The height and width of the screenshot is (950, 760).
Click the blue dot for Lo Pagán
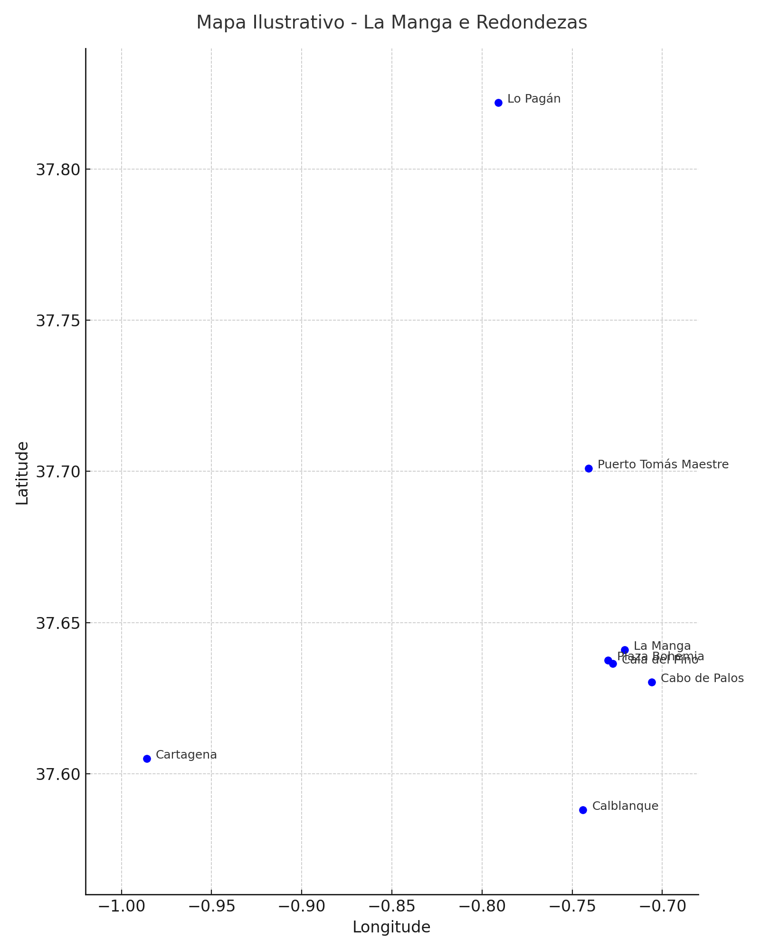pos(498,103)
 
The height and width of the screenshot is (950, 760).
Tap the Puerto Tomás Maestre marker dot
pos(589,468)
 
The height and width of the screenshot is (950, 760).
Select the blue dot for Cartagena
pos(147,759)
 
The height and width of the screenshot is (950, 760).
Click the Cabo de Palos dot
pos(652,682)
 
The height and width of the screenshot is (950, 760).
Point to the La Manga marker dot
pos(625,650)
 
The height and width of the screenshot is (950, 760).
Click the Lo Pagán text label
pos(534,99)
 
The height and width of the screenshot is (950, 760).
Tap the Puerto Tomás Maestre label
pos(663,465)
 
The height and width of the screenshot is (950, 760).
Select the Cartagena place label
pos(186,755)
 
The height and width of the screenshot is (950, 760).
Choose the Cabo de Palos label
pos(702,678)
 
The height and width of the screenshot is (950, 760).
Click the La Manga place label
pos(662,646)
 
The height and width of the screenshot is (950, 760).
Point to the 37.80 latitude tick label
pos(57,169)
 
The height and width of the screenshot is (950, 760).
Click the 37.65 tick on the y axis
pos(57,623)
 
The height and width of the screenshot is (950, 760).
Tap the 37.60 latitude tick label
pos(57,774)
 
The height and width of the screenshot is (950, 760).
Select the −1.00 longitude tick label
pos(121,906)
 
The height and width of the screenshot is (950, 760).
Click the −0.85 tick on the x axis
pos(391,906)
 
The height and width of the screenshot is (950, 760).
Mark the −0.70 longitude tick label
pos(662,906)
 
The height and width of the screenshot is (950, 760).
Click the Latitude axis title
pos(22,473)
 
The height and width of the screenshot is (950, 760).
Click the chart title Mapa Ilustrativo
pos(391,22)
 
